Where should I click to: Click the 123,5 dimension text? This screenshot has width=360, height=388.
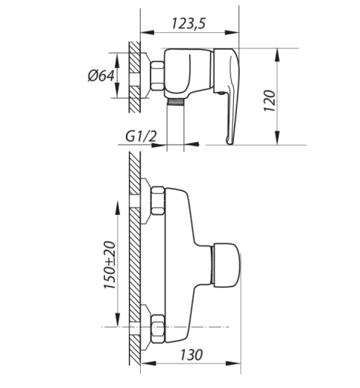tap(189, 24)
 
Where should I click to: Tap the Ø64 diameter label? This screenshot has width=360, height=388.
tap(101, 75)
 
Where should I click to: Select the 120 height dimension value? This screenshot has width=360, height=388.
tap(270, 101)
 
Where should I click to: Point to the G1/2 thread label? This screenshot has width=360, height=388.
tap(141, 137)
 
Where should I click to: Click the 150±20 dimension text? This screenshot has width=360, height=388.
tap(110, 265)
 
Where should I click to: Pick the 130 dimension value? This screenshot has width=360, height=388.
tap(192, 355)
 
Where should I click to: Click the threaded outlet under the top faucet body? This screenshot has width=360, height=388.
tap(175, 101)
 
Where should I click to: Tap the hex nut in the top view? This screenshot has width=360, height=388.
tap(157, 76)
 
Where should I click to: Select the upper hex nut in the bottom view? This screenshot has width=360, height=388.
tap(157, 201)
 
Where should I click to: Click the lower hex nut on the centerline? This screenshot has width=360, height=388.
tap(157, 329)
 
